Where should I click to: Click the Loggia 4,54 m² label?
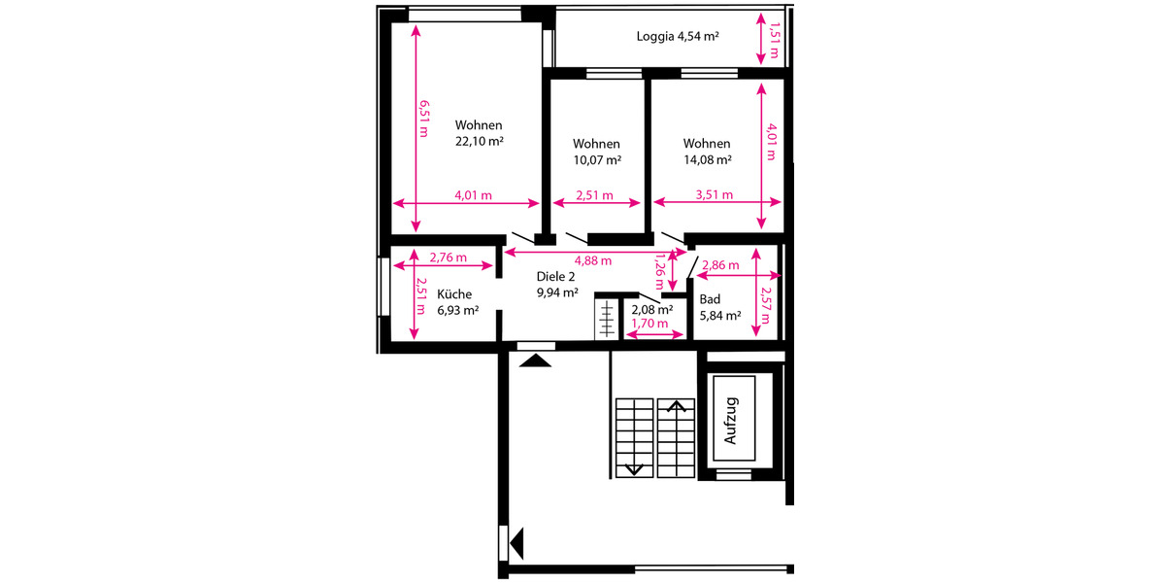(677, 37)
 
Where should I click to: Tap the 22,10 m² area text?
(479, 141)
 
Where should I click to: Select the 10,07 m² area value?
(597, 159)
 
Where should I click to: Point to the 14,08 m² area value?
(707, 159)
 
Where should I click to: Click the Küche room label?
(454, 294)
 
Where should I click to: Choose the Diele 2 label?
(555, 277)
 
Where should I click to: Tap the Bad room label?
(710, 299)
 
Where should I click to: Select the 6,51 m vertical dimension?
(423, 119)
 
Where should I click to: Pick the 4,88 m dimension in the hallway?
(592, 260)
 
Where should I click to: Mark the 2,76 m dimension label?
(448, 257)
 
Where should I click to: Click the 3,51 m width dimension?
(714, 194)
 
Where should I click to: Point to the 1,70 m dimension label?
(649, 324)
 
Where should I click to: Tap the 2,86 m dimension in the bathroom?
(719, 265)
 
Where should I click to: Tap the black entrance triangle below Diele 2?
(536, 360)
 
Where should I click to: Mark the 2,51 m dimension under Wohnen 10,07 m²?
(594, 194)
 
